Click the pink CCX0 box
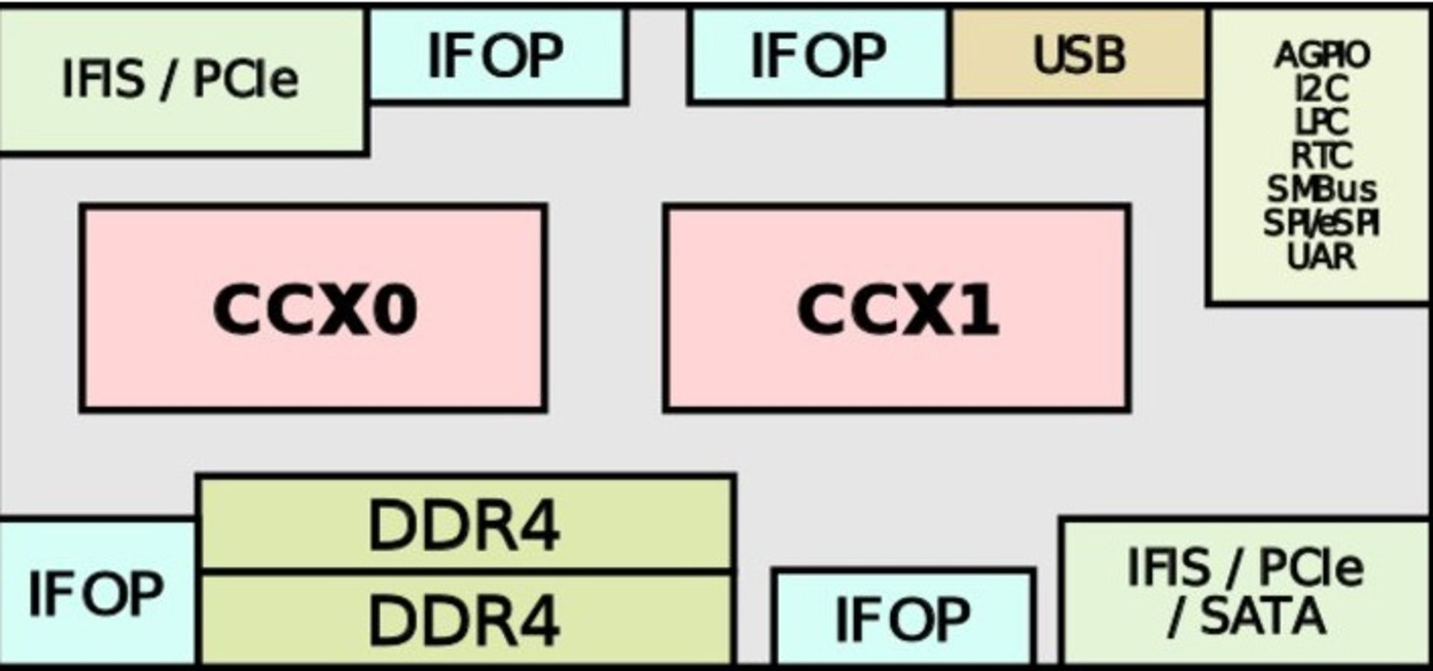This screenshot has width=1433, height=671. [313, 308]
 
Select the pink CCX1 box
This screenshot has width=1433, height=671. [896, 308]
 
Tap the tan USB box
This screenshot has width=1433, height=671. [1078, 54]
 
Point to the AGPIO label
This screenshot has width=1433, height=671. [1322, 54]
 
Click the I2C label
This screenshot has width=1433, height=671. [1322, 89]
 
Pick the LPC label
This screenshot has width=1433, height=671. [1322, 122]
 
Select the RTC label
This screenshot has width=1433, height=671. [1322, 156]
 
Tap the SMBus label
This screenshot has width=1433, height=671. [1322, 190]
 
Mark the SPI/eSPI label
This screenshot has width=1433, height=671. [1322, 223]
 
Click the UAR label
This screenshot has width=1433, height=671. [1322, 257]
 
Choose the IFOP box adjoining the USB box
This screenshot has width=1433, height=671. [819, 54]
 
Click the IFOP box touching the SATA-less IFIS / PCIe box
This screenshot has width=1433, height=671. [496, 54]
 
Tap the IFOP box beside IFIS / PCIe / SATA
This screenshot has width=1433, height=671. [904, 619]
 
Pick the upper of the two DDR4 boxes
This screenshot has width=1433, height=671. [465, 525]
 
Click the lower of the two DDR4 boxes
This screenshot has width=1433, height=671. [465, 619]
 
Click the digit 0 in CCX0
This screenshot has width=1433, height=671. [393, 309]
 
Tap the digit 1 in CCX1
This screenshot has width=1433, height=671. [978, 309]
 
